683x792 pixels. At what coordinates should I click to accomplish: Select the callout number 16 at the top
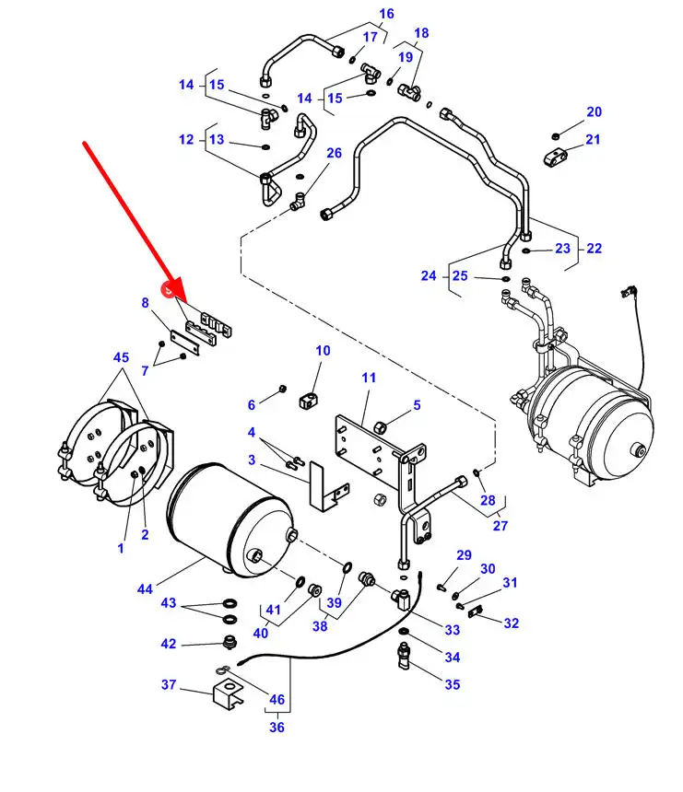pos(386,14)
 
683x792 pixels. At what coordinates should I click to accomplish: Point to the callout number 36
pos(277,727)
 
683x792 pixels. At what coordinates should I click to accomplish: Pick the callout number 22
pos(594,248)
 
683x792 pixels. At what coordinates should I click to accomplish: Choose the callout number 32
pos(511,623)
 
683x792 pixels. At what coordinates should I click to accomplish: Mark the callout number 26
pos(334,153)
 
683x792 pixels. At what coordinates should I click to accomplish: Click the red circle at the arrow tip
pos(170,292)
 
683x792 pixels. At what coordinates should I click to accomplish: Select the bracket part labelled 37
pos(226,693)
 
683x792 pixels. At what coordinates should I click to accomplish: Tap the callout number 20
pos(594,112)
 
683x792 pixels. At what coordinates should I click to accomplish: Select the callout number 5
pos(417,404)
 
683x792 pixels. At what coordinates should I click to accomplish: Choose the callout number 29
pos(464,555)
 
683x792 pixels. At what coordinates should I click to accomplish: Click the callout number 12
pos(187,140)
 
